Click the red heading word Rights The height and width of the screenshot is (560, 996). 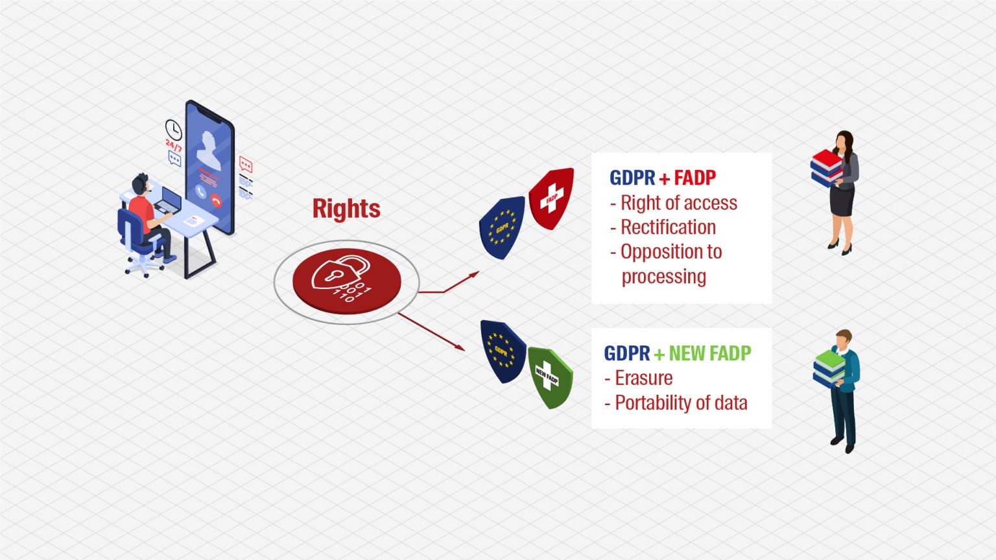pyautogui.click(x=346, y=209)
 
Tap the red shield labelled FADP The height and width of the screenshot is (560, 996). pyautogui.click(x=551, y=198)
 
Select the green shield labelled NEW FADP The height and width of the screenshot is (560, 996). pyautogui.click(x=551, y=377)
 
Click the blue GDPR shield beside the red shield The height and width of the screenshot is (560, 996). pyautogui.click(x=501, y=227)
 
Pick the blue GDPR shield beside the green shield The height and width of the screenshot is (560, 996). pyautogui.click(x=503, y=351)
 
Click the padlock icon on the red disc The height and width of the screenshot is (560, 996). pyautogui.click(x=341, y=272)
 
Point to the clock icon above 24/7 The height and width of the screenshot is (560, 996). pyautogui.click(x=173, y=130)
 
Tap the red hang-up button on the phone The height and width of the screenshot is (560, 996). pyautogui.click(x=216, y=201)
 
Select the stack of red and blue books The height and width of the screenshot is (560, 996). pyautogui.click(x=827, y=168)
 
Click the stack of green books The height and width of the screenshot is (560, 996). pyautogui.click(x=829, y=368)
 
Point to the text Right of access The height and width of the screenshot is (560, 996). pyautogui.click(x=678, y=203)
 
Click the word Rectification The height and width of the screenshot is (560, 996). pyautogui.click(x=668, y=227)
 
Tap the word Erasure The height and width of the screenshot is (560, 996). pyautogui.click(x=643, y=379)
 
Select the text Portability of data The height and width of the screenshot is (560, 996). pyautogui.click(x=681, y=402)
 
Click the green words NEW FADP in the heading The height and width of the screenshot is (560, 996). pyautogui.click(x=710, y=353)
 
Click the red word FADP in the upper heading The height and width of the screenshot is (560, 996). pyautogui.click(x=695, y=178)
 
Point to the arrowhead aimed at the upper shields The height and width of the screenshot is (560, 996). pyautogui.click(x=474, y=274)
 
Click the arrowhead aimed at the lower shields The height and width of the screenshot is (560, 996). pyautogui.click(x=460, y=347)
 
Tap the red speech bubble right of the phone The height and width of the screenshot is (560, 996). pyautogui.click(x=246, y=164)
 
